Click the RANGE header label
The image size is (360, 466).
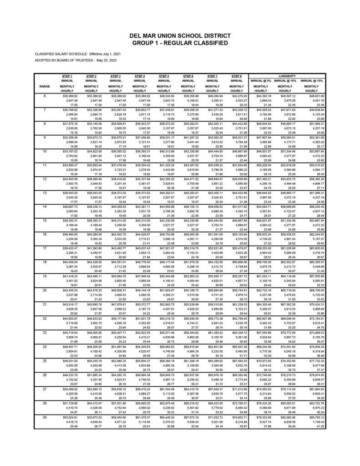tap(45, 86)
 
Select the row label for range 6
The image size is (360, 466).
tap(45, 96)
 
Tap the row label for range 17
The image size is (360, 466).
tap(45, 261)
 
